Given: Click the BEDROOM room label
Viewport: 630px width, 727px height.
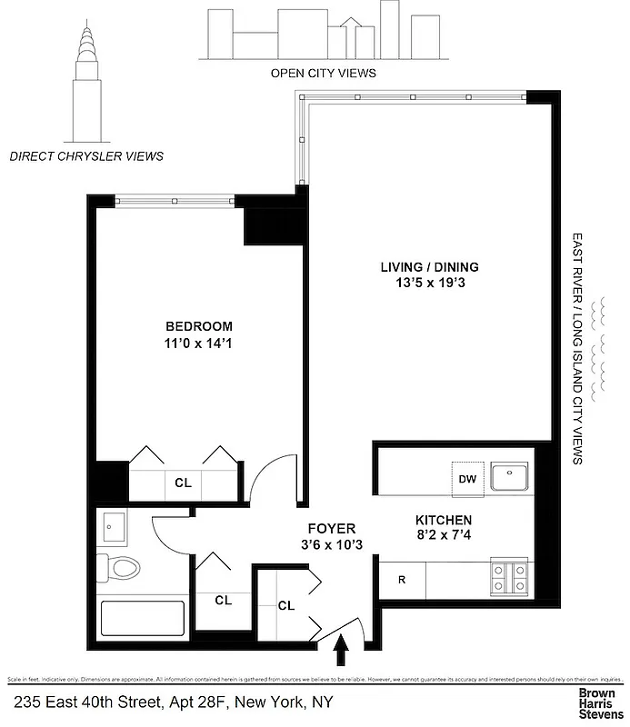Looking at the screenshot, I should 198,326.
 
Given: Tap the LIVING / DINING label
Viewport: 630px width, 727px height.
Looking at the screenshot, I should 429,267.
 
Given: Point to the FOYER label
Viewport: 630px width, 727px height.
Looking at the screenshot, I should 331,528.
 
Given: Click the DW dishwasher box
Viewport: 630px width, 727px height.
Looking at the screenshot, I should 467,478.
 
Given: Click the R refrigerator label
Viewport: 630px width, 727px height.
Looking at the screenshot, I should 402,579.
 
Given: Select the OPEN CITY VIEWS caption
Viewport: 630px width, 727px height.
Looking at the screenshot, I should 323,73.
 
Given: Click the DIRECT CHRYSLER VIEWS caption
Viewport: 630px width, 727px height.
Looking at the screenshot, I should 86,156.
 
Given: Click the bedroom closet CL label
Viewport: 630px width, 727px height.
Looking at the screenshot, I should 183,483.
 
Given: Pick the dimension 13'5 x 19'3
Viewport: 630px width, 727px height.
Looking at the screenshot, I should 429,283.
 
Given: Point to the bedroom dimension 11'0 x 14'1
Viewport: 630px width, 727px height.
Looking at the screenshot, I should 198,343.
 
